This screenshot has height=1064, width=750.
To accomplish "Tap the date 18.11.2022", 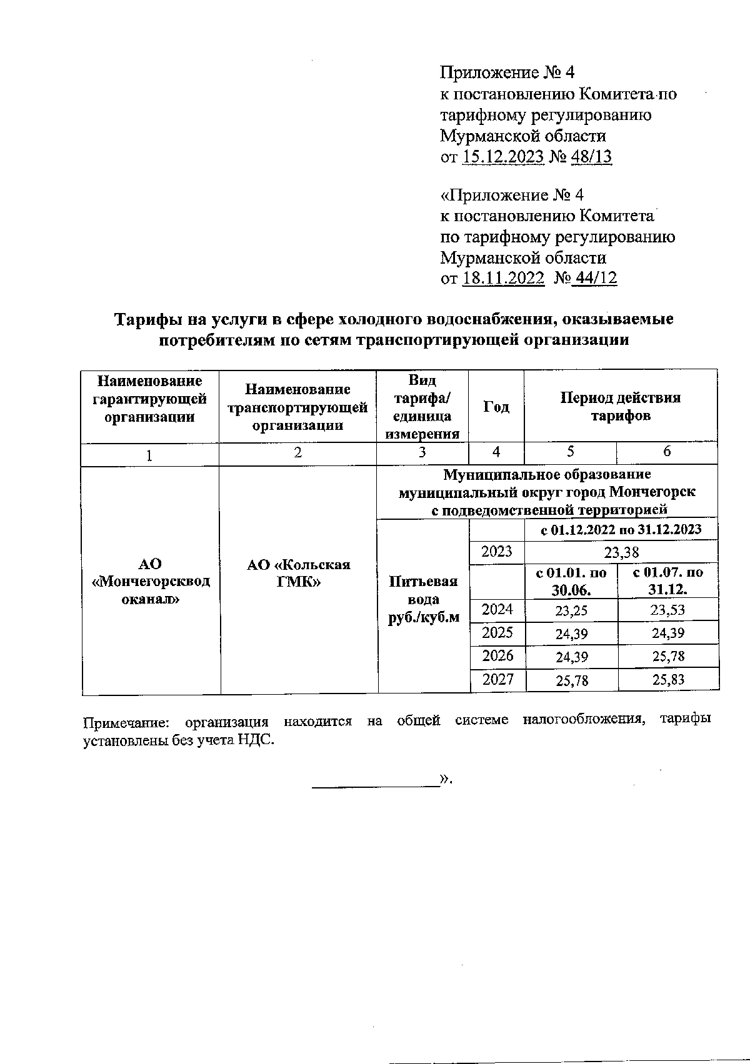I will pos(503,279).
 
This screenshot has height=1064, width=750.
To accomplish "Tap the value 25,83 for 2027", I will pos(667,680).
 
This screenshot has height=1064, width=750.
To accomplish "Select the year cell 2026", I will pos(497,655).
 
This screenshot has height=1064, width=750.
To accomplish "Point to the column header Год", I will pos(496,407).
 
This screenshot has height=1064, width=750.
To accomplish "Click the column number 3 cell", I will pos(422,453).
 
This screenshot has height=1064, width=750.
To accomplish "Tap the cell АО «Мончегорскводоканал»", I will pos(150,581).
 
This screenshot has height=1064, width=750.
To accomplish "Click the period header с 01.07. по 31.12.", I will pos(667,581).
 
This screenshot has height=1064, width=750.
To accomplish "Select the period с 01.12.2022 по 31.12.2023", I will pos(621,530).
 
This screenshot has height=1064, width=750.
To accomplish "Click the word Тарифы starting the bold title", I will pos(143,319).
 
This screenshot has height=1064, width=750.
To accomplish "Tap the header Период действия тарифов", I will pos(621,407).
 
